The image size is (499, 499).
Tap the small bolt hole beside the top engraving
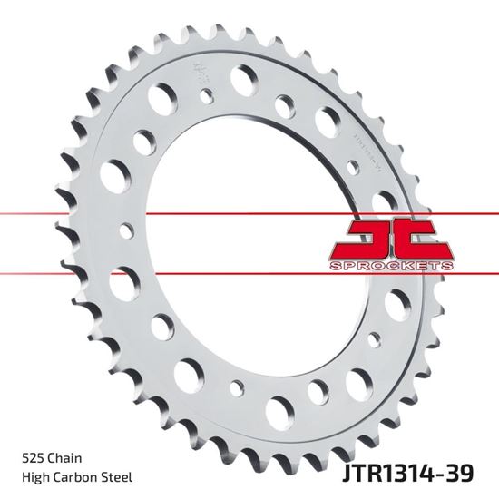tap(208, 93)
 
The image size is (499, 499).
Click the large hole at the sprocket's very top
tap(243, 80)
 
